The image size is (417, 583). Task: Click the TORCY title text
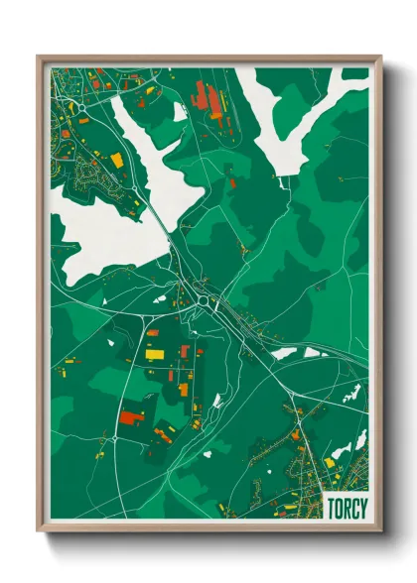[x=347, y=509]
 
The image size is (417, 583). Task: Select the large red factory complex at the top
[x=206, y=98]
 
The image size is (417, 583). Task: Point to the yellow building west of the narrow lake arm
[x=117, y=160]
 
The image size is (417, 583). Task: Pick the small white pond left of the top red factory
[x=180, y=112]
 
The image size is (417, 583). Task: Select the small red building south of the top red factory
[x=233, y=182]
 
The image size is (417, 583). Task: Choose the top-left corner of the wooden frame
[x=40, y=58]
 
